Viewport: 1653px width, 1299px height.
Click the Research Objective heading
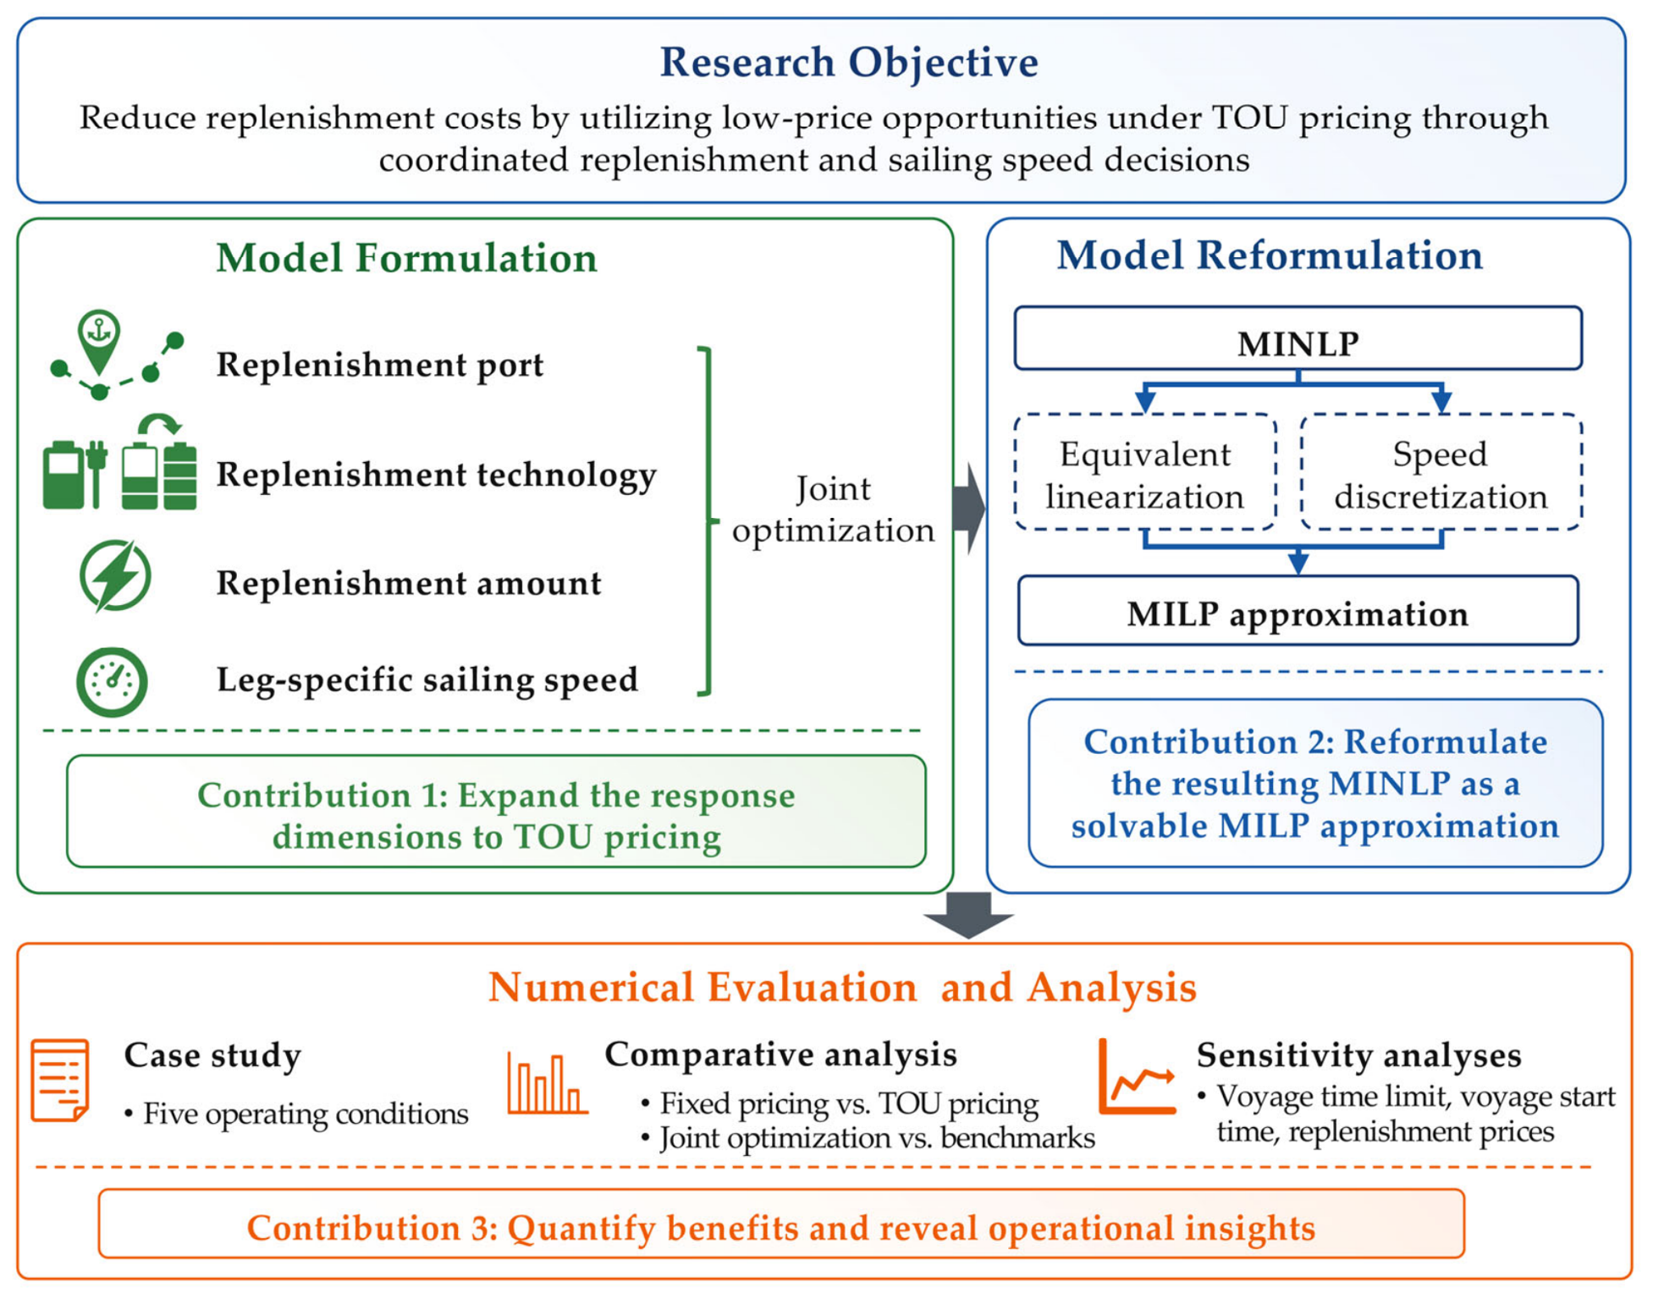pyautogui.click(x=848, y=63)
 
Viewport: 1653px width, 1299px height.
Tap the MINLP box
pyautogui.click(x=1298, y=339)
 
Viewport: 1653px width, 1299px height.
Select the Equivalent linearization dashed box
pyautogui.click(x=1144, y=472)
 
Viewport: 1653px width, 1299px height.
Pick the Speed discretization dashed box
pyautogui.click(x=1441, y=472)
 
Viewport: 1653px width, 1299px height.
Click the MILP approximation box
pyautogui.click(x=1298, y=611)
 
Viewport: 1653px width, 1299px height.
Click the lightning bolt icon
pyautogui.click(x=115, y=575)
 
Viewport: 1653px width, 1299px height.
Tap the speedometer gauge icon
pyautogui.click(x=112, y=682)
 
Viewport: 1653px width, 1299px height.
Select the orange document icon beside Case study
pyautogui.click(x=60, y=1081)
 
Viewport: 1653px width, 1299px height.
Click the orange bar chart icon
pyautogui.click(x=547, y=1083)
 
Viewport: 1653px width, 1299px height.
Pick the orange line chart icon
pyautogui.click(x=1136, y=1076)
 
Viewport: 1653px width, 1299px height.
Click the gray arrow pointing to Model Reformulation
pyautogui.click(x=968, y=509)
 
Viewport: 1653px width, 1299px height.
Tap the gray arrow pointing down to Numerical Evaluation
pyautogui.click(x=968, y=915)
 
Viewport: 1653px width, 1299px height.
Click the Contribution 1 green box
pyautogui.click(x=496, y=812)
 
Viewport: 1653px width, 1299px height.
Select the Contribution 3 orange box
pyautogui.click(x=781, y=1224)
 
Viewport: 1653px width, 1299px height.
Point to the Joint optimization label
pyautogui.click(x=833, y=509)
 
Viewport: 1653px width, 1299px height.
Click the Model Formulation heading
pyautogui.click(x=406, y=258)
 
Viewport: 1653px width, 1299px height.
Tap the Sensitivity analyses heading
pyautogui.click(x=1358, y=1055)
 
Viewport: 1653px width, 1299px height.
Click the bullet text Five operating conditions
pyautogui.click(x=296, y=1114)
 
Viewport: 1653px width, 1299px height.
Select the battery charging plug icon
pyautogui.click(x=75, y=474)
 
